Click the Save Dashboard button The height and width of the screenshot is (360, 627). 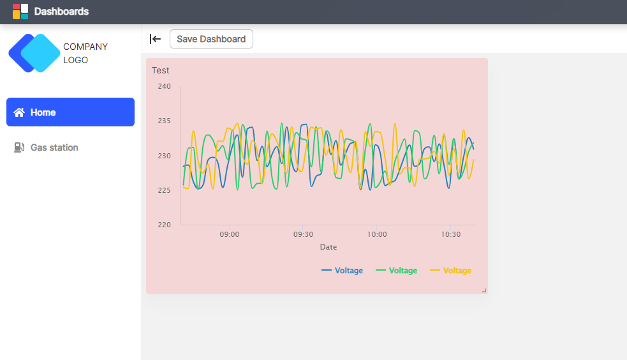point(211,39)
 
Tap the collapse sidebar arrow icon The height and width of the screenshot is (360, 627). point(155,39)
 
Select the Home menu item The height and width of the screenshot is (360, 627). point(70,112)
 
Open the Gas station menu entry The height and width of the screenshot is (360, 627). point(54,147)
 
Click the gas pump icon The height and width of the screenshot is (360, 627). point(19,147)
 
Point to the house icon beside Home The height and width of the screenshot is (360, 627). point(19,112)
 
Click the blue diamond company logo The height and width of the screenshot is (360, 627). point(34,53)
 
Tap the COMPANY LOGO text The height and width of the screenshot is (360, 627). point(85,53)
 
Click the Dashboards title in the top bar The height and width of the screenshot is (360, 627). point(61,11)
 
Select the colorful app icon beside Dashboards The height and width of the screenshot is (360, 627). point(20,11)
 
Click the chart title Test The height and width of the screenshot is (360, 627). point(161,70)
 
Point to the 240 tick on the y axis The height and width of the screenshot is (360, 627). point(164,86)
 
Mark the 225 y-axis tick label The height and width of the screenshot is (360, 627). point(164,190)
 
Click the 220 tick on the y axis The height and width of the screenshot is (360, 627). point(164,225)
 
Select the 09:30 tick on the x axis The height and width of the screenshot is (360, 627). point(303,234)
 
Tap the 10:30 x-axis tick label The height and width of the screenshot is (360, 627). point(450,234)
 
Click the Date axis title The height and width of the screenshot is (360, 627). point(328,246)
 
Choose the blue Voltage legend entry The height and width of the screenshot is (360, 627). point(343,271)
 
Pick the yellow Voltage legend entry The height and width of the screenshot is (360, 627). point(451,271)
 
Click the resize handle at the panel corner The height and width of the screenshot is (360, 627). point(484,290)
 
